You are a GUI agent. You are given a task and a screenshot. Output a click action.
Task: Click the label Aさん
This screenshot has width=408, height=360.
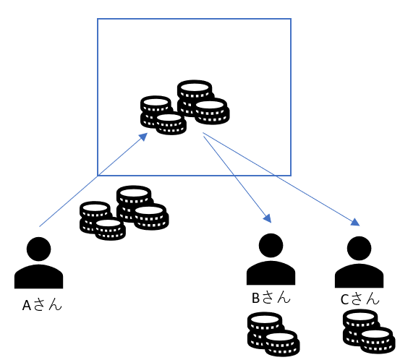point(42,304)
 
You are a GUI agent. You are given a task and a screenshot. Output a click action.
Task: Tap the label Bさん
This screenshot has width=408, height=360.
point(271,298)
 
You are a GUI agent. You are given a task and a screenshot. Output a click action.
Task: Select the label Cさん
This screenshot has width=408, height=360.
point(360,299)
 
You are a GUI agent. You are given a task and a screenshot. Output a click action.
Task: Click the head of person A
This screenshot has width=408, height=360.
point(39,249)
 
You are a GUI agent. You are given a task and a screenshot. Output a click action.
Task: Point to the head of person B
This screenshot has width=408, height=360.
point(271,245)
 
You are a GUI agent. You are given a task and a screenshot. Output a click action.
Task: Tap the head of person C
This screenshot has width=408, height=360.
point(359,248)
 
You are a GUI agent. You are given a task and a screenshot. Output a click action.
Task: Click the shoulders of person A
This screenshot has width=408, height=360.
point(39,277)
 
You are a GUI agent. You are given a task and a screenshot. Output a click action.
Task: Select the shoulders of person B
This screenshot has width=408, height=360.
point(271,273)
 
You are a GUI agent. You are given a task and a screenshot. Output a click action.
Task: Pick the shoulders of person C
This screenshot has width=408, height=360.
point(359,276)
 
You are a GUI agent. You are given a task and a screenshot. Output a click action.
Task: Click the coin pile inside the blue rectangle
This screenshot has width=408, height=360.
point(185,108)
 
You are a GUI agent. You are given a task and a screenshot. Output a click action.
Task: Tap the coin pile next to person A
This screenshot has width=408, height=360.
point(124,213)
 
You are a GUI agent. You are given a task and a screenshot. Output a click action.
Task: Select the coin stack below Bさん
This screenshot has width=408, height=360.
point(273,334)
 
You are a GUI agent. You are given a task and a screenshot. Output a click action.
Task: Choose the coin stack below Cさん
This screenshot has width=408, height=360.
point(369,331)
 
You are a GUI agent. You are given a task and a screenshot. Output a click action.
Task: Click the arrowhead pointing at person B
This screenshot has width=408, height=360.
point(268,218)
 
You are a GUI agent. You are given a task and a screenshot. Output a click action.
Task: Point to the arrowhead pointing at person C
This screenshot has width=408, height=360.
point(355,223)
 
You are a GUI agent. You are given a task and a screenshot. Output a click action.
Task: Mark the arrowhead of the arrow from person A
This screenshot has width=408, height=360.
point(143,137)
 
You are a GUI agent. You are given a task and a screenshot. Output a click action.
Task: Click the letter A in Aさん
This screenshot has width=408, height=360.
point(27,305)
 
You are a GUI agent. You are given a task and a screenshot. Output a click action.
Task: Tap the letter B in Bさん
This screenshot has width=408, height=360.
point(256,298)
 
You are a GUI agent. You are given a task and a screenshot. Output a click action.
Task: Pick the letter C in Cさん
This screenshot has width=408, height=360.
point(344,299)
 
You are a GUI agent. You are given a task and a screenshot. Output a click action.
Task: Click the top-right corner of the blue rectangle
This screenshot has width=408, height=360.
point(291,19)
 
